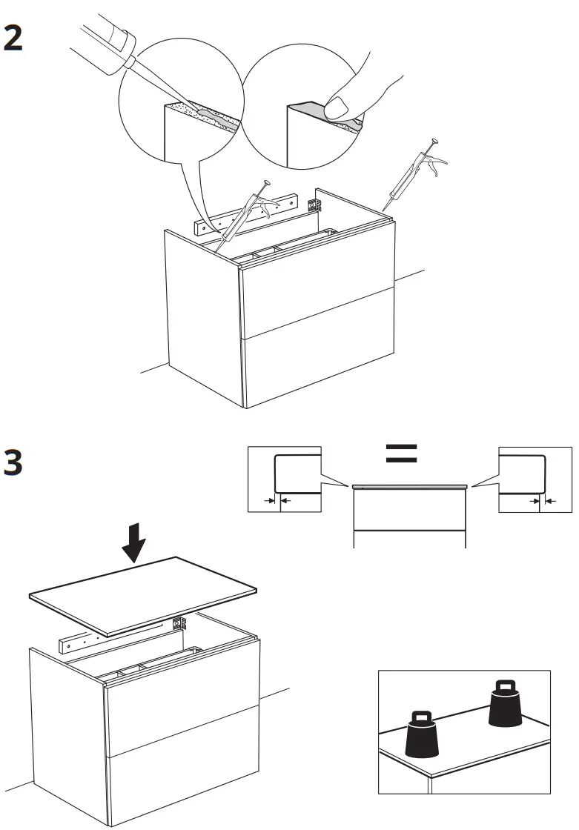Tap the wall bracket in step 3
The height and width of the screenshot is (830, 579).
179,622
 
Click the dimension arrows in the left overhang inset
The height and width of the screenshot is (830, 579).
275,501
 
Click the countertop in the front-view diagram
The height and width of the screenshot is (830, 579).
409,487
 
